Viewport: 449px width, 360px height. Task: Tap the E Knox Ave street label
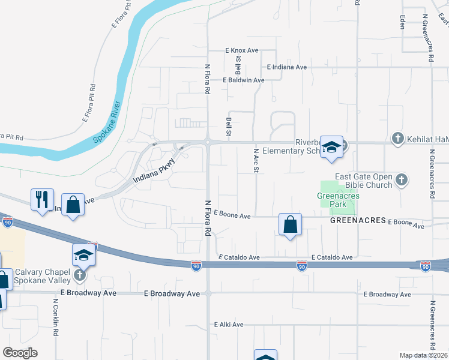pyautogui.click(x=241, y=51)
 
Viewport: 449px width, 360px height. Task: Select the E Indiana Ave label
pyautogui.click(x=287, y=67)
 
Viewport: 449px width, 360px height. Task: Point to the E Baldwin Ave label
pyautogui.click(x=243, y=80)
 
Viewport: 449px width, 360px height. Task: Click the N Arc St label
pyautogui.click(x=256, y=161)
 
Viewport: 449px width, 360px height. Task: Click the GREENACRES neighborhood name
pyautogui.click(x=357, y=221)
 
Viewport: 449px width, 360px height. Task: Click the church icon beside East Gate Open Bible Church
pyautogui.click(x=402, y=179)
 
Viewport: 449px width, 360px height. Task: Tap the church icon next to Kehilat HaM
pyautogui.click(x=397, y=139)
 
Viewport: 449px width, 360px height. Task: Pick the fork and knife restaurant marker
pyautogui.click(x=42, y=199)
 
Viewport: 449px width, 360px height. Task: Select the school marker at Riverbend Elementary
pyautogui.click(x=331, y=147)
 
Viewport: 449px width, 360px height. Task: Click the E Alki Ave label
pyautogui.click(x=229, y=325)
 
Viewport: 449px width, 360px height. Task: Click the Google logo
pyautogui.click(x=20, y=353)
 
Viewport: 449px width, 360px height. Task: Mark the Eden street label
pyautogui.click(x=401, y=22)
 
